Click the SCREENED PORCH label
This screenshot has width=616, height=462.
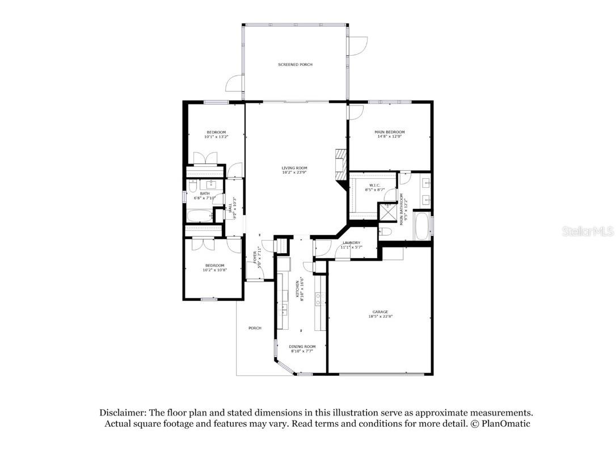pos(295,65)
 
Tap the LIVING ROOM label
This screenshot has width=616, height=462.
pos(294,168)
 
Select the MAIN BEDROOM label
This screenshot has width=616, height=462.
pos(390,132)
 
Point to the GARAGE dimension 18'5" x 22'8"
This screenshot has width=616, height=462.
pos(380,317)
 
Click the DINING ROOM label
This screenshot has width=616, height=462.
pos(302,346)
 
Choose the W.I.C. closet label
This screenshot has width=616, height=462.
pos(374,185)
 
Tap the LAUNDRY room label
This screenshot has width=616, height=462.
pos(351,243)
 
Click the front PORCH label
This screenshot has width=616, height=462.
pos(255,328)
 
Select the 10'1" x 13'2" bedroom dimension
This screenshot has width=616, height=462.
pos(216,137)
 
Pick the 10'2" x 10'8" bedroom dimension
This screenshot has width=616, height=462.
pos(214,270)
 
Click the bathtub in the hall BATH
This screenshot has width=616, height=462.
pos(199,216)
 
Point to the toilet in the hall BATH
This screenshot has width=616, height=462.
pos(192,186)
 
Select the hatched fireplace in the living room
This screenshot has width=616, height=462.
pos(340,165)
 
